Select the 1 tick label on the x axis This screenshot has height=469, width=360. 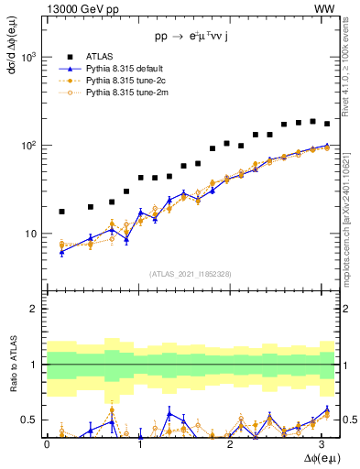[x=140, y=443]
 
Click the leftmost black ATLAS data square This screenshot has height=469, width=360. [x=61, y=212]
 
